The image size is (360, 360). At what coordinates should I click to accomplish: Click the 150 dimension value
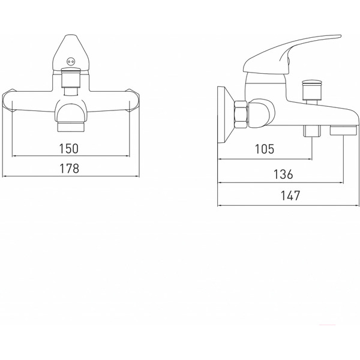(x=69, y=149)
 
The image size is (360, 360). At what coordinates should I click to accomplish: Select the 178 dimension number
(x=70, y=168)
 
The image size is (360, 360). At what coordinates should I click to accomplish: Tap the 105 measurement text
(x=265, y=149)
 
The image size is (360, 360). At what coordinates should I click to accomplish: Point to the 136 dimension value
(x=283, y=174)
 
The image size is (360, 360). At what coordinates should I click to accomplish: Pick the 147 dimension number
(x=290, y=196)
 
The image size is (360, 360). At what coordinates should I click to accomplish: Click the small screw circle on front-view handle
(x=70, y=62)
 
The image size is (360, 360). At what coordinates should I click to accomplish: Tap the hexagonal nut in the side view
(x=241, y=114)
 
